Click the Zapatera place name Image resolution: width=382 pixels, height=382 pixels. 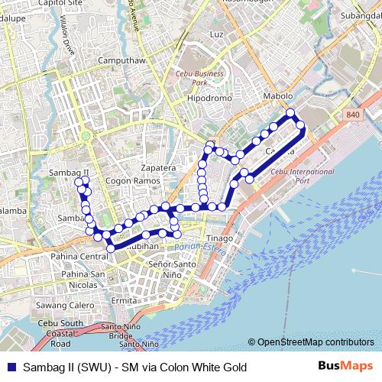[x=160, y=167]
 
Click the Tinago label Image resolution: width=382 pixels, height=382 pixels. [x=220, y=238]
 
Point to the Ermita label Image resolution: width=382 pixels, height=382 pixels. [x=123, y=300]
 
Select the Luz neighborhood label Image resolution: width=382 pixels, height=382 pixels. [x=216, y=35]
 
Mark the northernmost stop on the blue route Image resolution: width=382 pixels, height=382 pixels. [x=290, y=114]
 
